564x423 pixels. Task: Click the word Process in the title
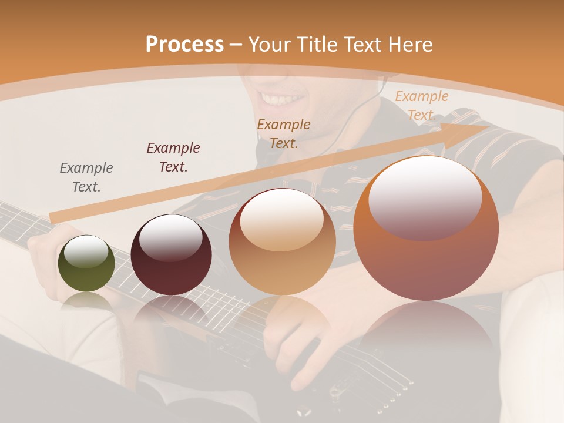coord(184,45)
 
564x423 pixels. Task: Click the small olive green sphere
coord(86,263)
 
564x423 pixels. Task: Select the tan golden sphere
coord(282,242)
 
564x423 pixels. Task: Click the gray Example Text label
coord(86,177)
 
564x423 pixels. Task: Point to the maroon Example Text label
coord(173,157)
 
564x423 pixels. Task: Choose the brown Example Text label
coord(284,133)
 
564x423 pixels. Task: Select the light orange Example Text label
coord(421,105)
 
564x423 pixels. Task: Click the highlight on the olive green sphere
coord(86,252)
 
